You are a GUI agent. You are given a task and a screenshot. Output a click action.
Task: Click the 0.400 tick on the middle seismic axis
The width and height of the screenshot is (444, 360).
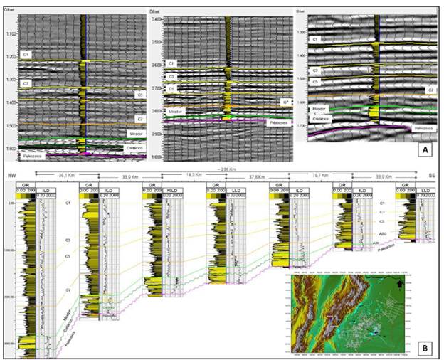pos(157,18)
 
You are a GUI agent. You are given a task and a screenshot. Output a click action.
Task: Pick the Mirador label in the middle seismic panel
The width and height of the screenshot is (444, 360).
pos(175,112)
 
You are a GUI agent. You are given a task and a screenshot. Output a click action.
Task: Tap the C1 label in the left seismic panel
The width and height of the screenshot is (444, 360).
pos(25,54)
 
